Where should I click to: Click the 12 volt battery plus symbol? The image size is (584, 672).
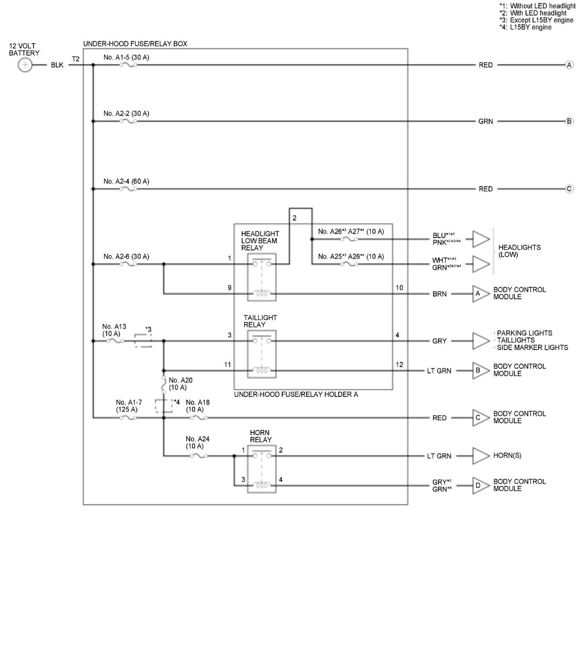(25, 65)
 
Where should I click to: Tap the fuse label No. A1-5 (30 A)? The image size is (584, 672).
(126, 57)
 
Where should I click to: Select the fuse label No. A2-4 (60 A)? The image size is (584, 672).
(126, 181)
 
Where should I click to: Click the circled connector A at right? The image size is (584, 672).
(569, 65)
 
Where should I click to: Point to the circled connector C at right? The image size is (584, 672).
(569, 189)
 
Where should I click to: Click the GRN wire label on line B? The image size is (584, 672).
(485, 121)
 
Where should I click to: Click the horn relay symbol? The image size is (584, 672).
(262, 470)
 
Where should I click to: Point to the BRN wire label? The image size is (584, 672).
(439, 294)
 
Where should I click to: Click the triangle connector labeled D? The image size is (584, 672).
(480, 485)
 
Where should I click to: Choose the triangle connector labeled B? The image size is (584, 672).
(480, 371)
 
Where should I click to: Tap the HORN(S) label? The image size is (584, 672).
(507, 456)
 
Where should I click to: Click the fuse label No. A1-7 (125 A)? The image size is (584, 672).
(128, 406)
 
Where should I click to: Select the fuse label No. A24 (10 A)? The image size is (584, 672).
(198, 443)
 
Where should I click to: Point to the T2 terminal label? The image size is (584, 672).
(76, 59)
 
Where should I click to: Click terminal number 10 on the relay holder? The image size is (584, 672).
(399, 288)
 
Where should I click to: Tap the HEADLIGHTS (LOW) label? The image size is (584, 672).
(519, 251)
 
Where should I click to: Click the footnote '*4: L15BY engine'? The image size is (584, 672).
(525, 27)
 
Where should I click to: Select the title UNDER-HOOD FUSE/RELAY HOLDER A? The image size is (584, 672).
(296, 394)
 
